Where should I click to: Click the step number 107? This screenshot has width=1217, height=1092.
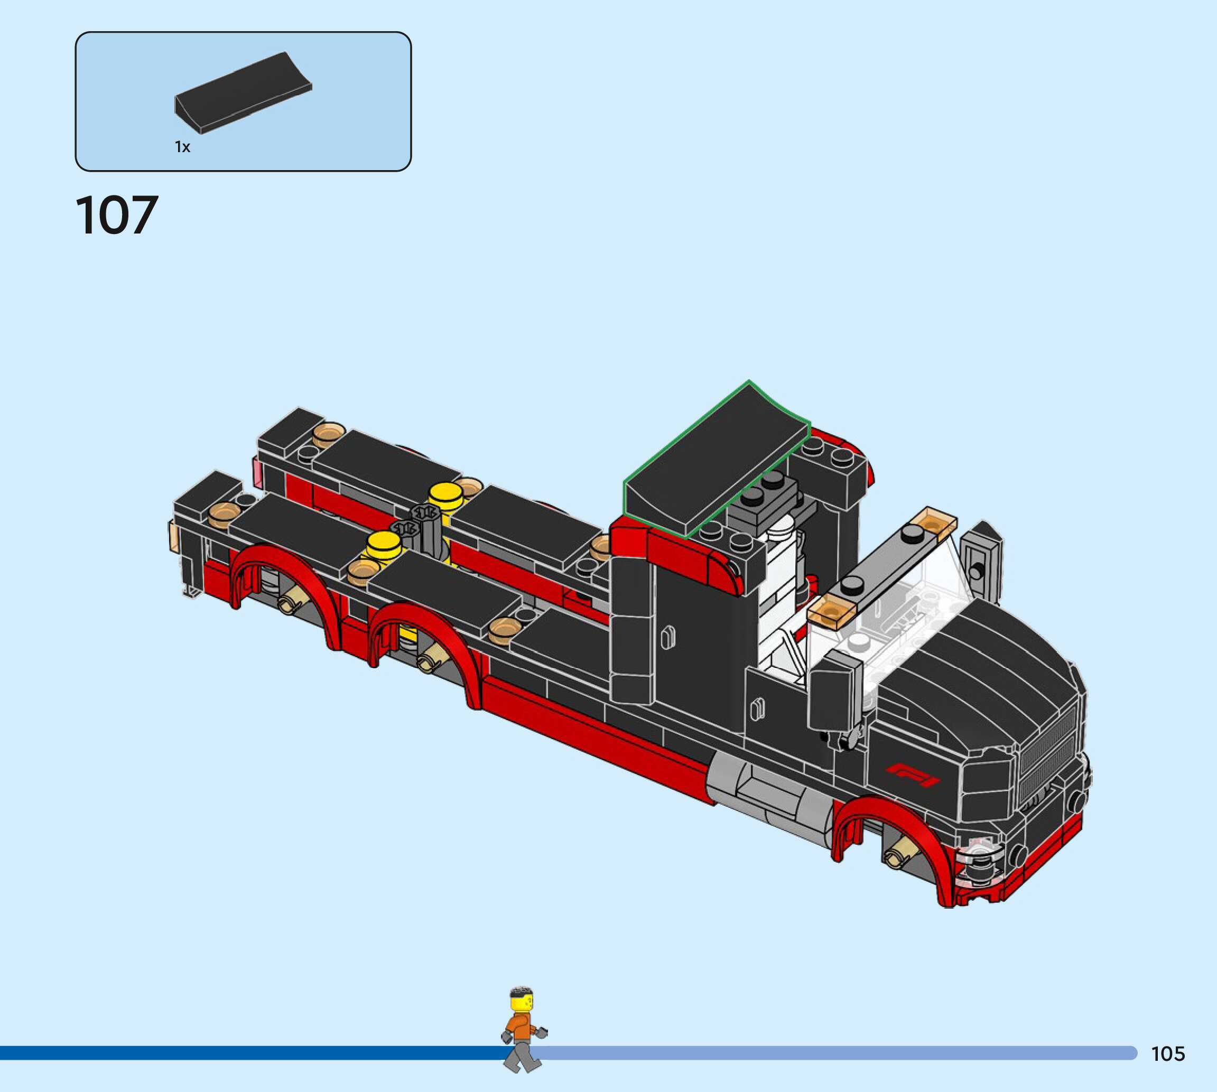[117, 215]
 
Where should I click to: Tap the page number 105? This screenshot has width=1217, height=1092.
[1168, 1053]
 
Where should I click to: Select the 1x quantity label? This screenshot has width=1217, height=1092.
[182, 147]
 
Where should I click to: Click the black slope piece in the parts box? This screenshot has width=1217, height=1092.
[243, 92]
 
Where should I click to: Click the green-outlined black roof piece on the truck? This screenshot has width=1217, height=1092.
[717, 458]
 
